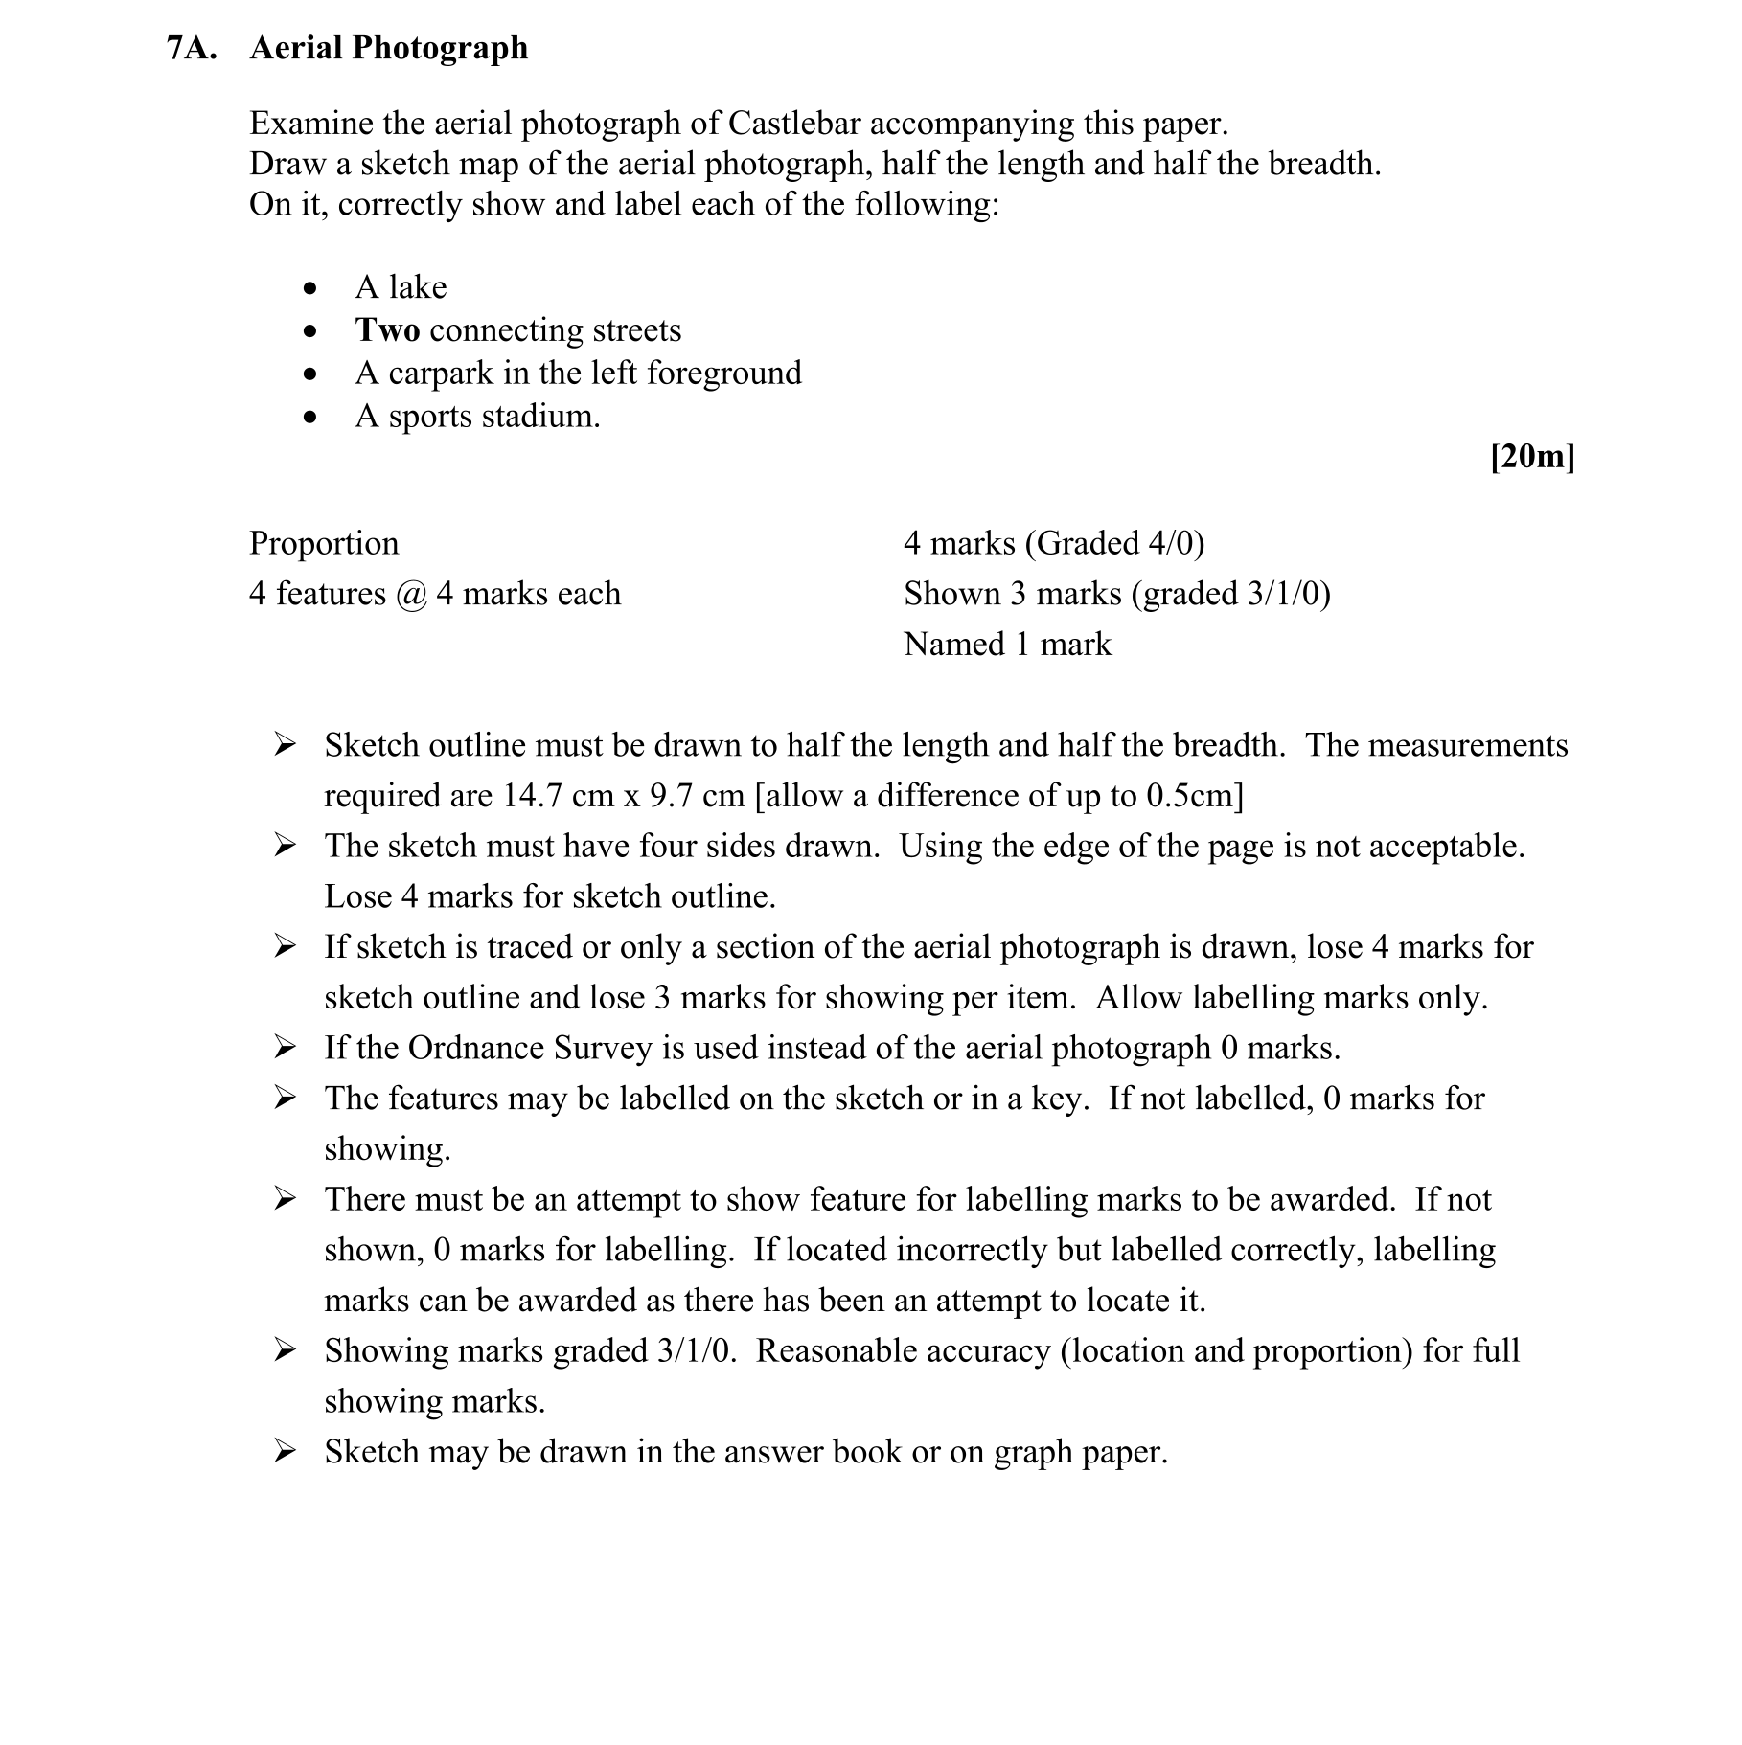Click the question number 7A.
(x=192, y=48)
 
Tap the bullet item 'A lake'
(x=401, y=287)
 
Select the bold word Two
(x=387, y=330)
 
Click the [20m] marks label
(x=1532, y=457)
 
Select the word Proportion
(x=324, y=543)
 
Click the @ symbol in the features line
(x=410, y=594)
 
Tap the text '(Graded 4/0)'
(x=1114, y=543)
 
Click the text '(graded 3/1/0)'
(x=1230, y=594)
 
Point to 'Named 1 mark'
(x=1007, y=645)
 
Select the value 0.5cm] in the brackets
(x=1194, y=796)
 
